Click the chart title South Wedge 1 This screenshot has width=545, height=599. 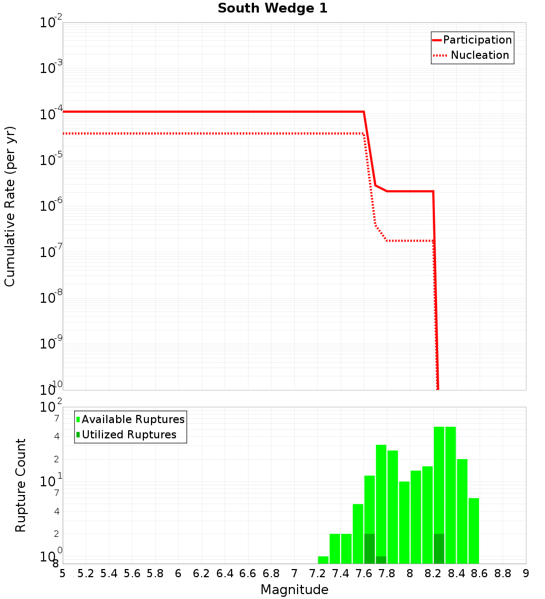(272, 9)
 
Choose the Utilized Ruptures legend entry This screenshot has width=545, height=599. (129, 435)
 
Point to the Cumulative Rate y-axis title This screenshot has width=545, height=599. (10, 206)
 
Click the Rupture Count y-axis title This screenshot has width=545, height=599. (21, 485)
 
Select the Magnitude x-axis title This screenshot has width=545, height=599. (294, 590)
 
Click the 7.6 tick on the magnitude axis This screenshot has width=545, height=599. (364, 573)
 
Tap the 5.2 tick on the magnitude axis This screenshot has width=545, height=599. (86, 573)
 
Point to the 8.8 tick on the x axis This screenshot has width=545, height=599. (502, 573)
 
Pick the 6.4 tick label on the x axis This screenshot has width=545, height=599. (225, 573)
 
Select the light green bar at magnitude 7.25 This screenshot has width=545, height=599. (323, 560)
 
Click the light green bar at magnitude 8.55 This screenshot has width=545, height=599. (474, 530)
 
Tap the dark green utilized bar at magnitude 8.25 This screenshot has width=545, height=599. (439, 548)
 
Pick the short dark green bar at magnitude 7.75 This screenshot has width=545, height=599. (381, 560)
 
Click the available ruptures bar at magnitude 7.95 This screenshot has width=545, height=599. (404, 522)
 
